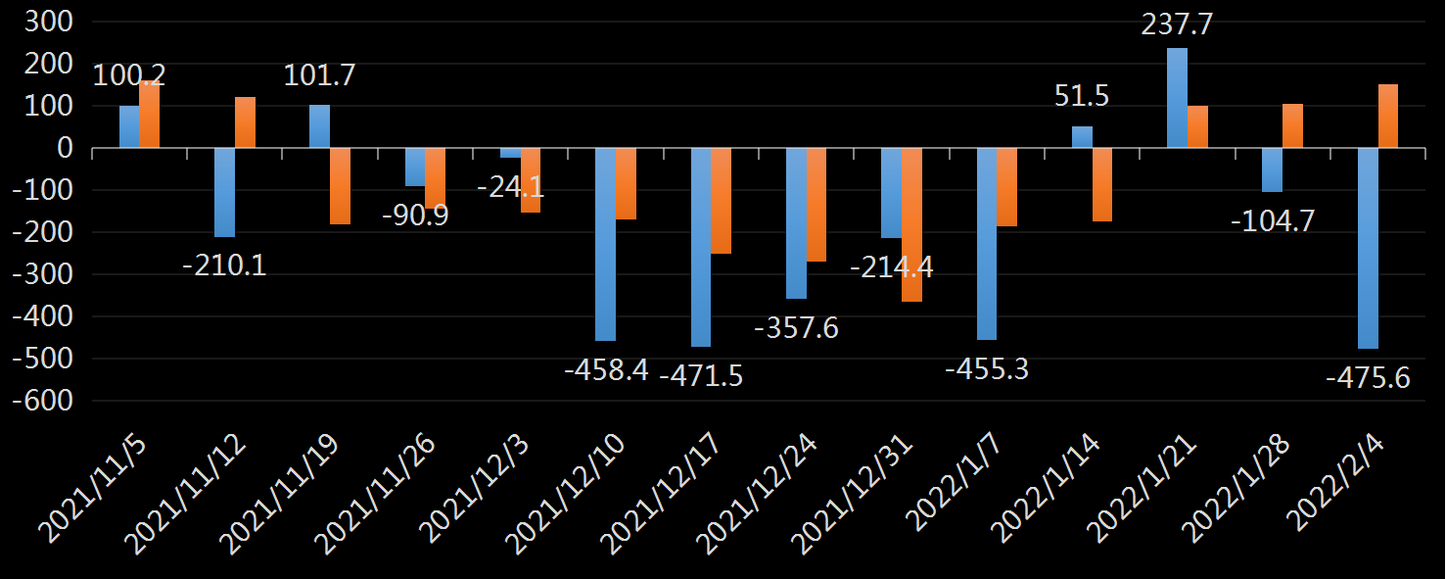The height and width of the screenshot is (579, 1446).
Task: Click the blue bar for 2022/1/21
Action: (x=1177, y=98)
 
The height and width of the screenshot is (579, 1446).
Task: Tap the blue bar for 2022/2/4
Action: (x=1368, y=248)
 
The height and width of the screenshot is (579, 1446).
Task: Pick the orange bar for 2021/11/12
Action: (x=245, y=122)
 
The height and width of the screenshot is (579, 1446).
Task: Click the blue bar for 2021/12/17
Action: (x=701, y=247)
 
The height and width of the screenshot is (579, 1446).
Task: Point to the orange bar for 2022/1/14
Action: (x=1101, y=184)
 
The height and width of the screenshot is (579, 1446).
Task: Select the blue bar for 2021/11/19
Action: (x=319, y=126)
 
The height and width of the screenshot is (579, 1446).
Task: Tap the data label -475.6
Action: (x=1368, y=378)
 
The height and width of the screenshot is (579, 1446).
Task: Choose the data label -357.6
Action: (x=796, y=327)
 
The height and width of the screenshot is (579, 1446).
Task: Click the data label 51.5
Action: (x=1082, y=97)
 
